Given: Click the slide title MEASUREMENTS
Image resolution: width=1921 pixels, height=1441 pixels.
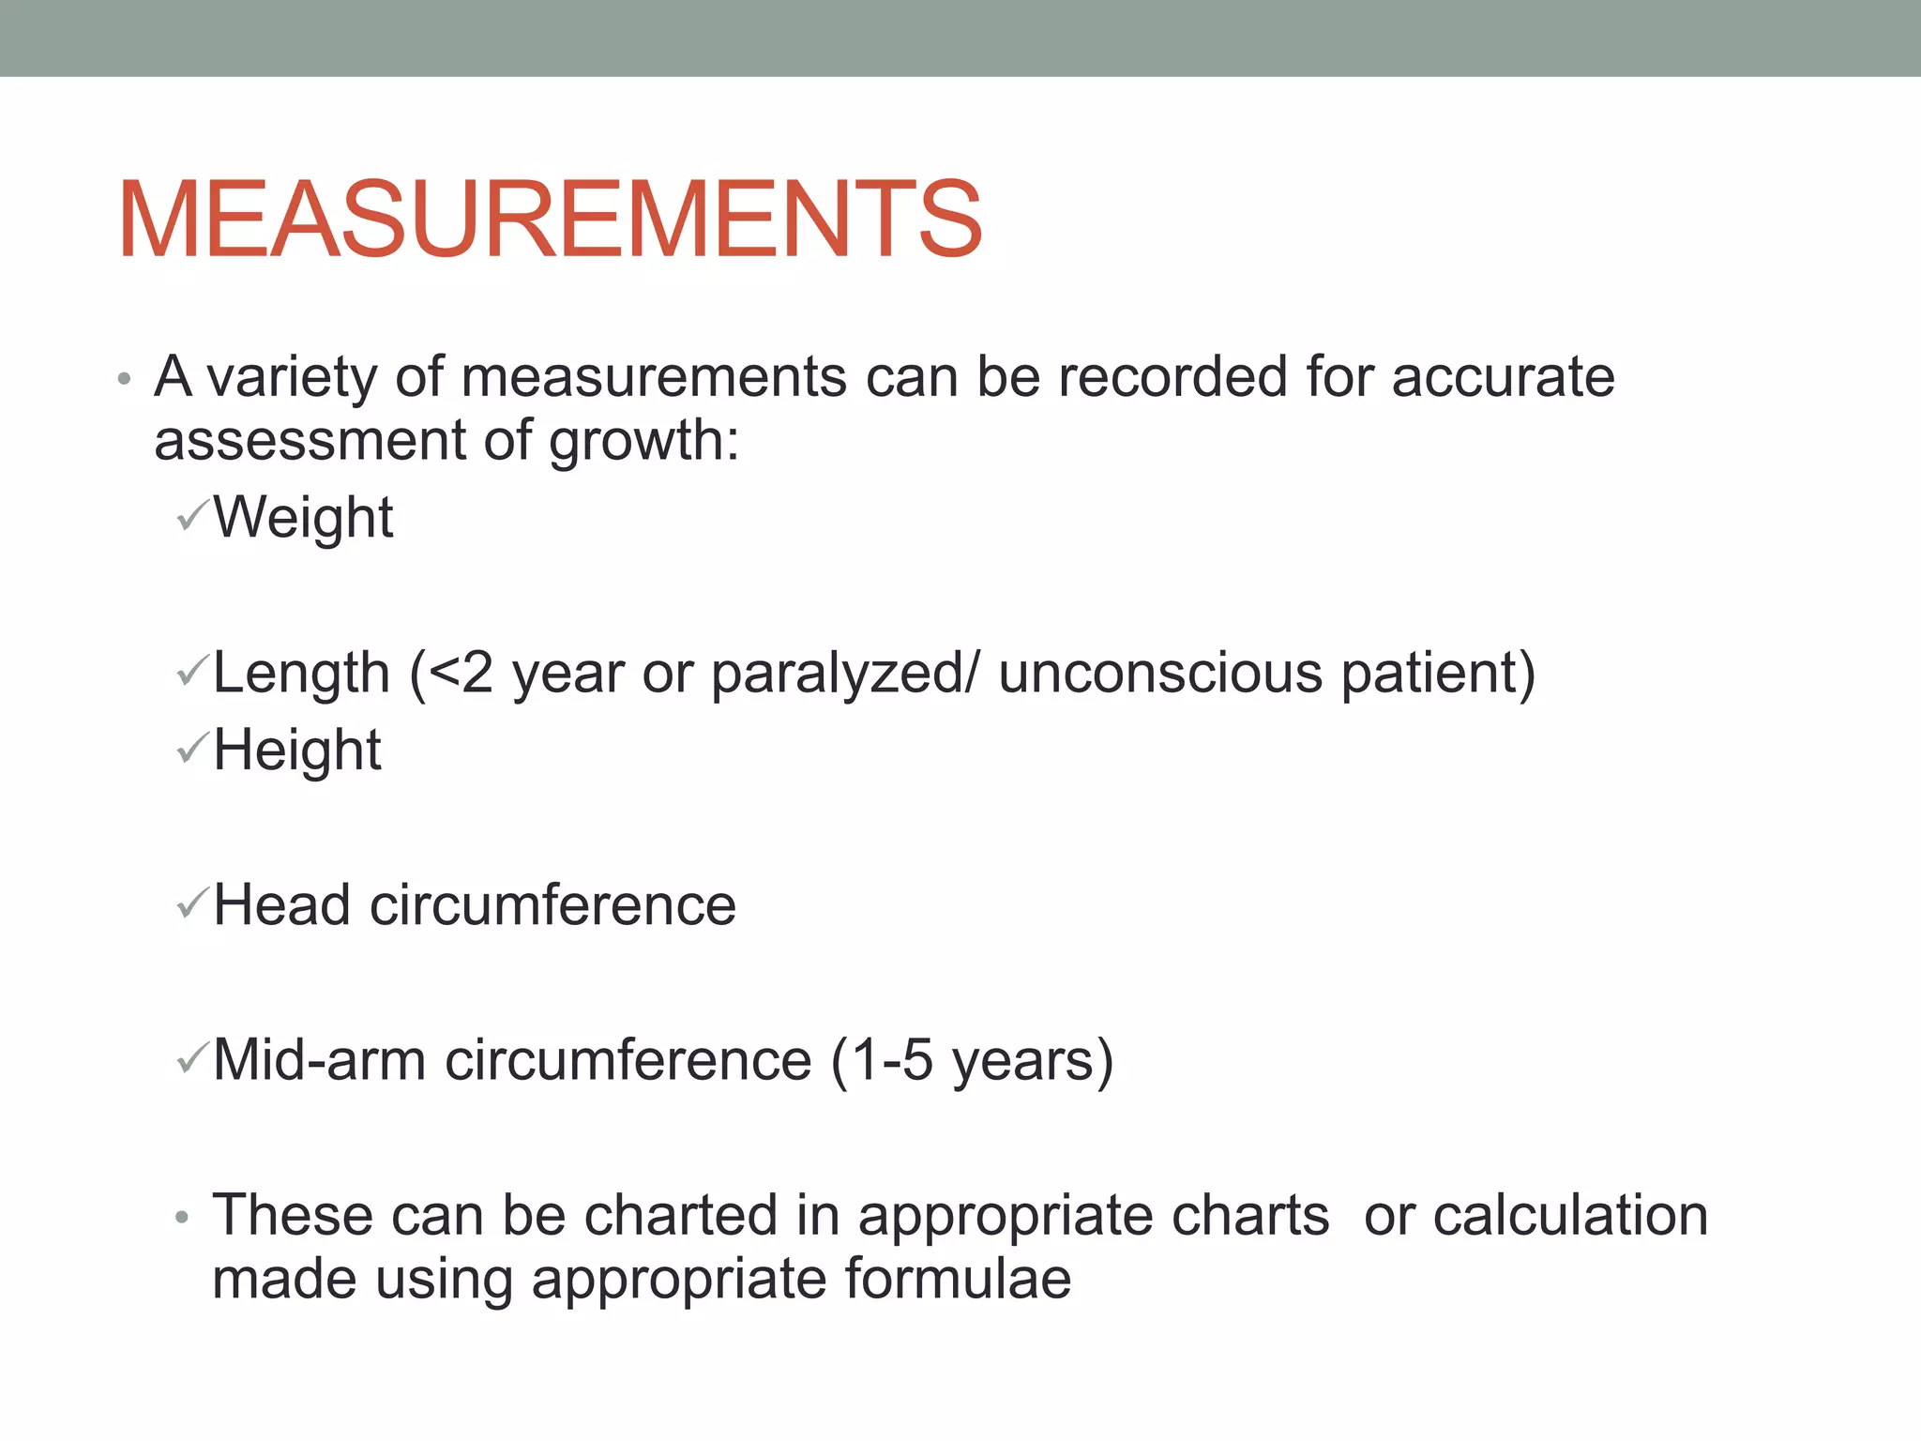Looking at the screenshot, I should pos(550,220).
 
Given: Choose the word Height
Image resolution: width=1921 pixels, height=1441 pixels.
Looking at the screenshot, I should pos(297,751).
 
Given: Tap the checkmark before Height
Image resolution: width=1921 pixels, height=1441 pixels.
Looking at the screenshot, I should pos(191,748).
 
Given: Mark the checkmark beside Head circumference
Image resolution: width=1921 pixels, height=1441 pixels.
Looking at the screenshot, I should pos(191,903).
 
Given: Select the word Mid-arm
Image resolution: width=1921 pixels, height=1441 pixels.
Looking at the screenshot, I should pos(319,1060).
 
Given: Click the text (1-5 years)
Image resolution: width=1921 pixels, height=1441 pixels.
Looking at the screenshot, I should pos(972,1062).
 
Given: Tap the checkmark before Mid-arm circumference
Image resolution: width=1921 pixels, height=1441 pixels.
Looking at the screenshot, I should pos(191,1058).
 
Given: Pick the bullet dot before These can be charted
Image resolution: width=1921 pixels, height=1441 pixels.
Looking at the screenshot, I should pos(182,1219).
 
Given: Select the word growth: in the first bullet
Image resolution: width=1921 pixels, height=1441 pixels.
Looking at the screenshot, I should pos(644,442).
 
